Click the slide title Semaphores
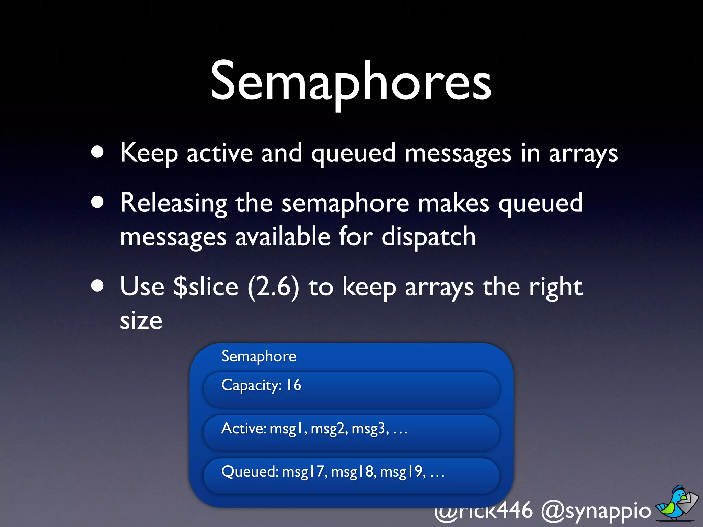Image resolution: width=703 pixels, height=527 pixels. coord(351,82)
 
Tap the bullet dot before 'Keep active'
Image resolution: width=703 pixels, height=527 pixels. coord(97,152)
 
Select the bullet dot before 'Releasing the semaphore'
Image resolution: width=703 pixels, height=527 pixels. coord(97,202)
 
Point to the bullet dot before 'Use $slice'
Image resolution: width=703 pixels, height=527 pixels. coord(97,286)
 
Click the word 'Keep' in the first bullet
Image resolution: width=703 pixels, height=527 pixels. coord(149,153)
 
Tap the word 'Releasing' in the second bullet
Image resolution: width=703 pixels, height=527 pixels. coord(173,203)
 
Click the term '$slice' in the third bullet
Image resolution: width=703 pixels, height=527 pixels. coord(205,287)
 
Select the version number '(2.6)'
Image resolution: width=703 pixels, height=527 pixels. coord(273,287)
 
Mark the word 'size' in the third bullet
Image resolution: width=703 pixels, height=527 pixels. coord(141,321)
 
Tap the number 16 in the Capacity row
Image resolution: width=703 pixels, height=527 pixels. coord(294,385)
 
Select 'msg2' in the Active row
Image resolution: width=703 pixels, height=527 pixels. coord(329,429)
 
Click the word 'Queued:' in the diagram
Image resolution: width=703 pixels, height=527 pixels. coord(250,472)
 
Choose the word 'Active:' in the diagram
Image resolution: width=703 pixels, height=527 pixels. coord(244,428)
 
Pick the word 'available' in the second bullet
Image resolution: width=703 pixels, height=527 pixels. coord(283,237)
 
